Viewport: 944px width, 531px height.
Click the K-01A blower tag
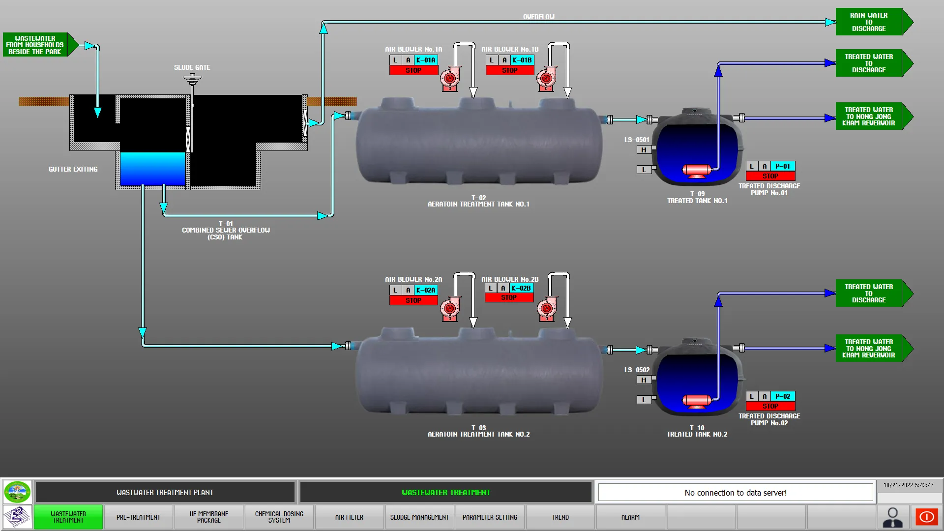coord(426,60)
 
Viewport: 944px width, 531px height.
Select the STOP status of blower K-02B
coord(509,297)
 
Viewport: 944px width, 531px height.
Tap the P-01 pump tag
coord(782,166)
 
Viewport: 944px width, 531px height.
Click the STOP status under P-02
coord(770,406)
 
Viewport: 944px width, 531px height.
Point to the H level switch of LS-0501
coord(644,150)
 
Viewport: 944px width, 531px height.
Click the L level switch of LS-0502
coord(644,400)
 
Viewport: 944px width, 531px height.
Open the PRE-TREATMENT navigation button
coord(138,517)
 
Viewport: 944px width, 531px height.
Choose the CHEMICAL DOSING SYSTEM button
coord(279,517)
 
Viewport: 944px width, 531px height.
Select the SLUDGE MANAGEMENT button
coord(419,517)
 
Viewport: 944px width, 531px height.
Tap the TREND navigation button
coord(560,517)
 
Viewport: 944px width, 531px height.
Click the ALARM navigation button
coord(630,517)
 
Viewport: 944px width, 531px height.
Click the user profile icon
coord(892,517)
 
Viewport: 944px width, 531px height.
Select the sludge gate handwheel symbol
coord(192,78)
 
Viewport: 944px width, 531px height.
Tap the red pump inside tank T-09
coord(697,171)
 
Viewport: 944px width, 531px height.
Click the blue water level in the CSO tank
coord(152,169)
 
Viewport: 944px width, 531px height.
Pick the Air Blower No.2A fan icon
coord(450,309)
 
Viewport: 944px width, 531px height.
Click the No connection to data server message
coord(736,493)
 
